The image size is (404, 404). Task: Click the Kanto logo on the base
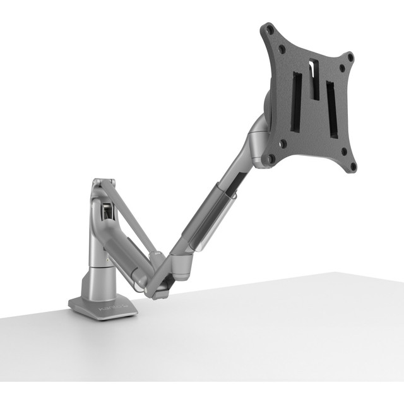point(109,309)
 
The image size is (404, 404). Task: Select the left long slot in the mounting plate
point(295,102)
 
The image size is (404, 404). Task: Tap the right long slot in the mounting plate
point(331,108)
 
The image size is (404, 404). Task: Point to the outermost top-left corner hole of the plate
point(270,28)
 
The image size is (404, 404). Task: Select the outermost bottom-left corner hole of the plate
point(270,159)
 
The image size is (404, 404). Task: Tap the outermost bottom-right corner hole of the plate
point(353,167)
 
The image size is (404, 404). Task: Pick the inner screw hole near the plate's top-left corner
point(282,47)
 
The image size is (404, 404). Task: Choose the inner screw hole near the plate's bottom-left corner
point(282,143)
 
